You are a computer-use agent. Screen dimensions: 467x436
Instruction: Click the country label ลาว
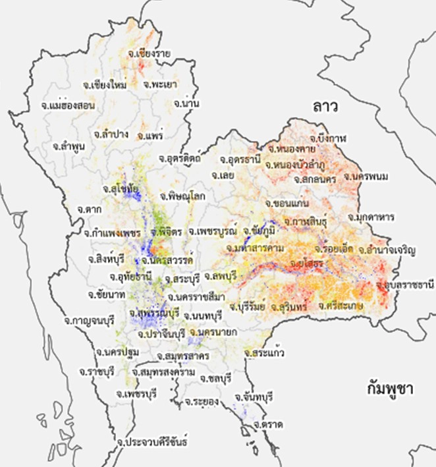click(326, 105)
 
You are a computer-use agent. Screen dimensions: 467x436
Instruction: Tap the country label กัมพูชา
click(390, 388)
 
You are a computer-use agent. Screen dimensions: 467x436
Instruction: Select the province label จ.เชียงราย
click(150, 53)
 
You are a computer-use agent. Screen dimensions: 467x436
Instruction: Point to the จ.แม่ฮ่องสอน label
click(68, 105)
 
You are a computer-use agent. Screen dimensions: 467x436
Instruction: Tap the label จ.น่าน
click(187, 104)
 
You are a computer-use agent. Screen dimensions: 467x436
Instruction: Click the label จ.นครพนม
click(363, 177)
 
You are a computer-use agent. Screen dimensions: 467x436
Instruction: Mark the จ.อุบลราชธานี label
click(406, 285)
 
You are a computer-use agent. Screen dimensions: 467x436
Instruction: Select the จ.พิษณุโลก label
click(181, 196)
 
